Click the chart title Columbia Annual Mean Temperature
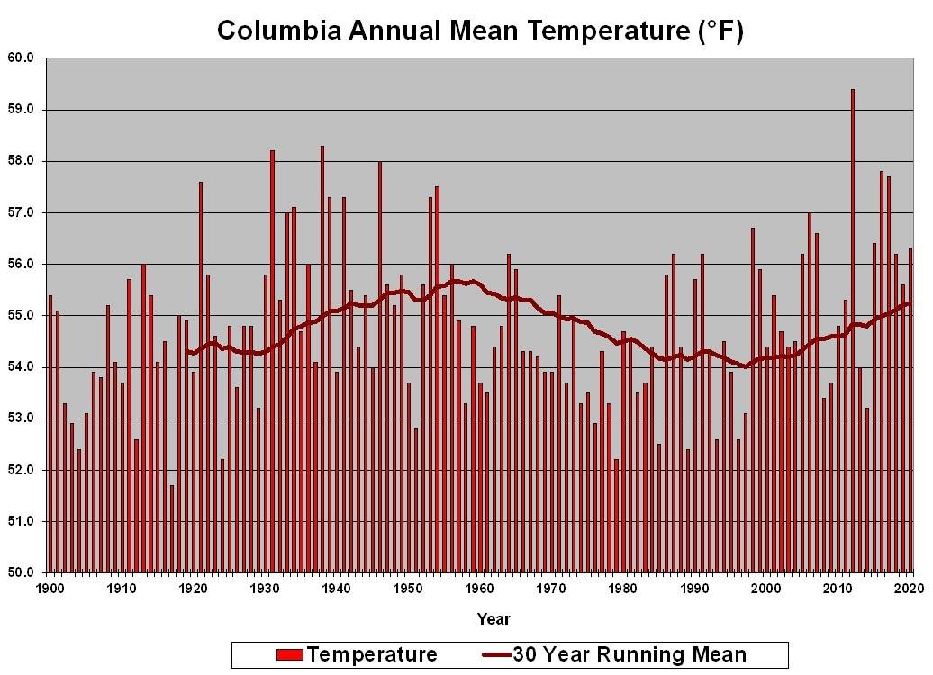click(x=479, y=31)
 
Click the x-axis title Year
click(x=494, y=619)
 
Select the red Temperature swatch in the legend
click(x=290, y=654)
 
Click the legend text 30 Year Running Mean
click(x=630, y=654)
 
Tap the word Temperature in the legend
click(x=371, y=654)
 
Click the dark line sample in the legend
click(x=496, y=654)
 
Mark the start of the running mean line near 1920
click(x=187, y=351)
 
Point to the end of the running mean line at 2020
click(x=910, y=302)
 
